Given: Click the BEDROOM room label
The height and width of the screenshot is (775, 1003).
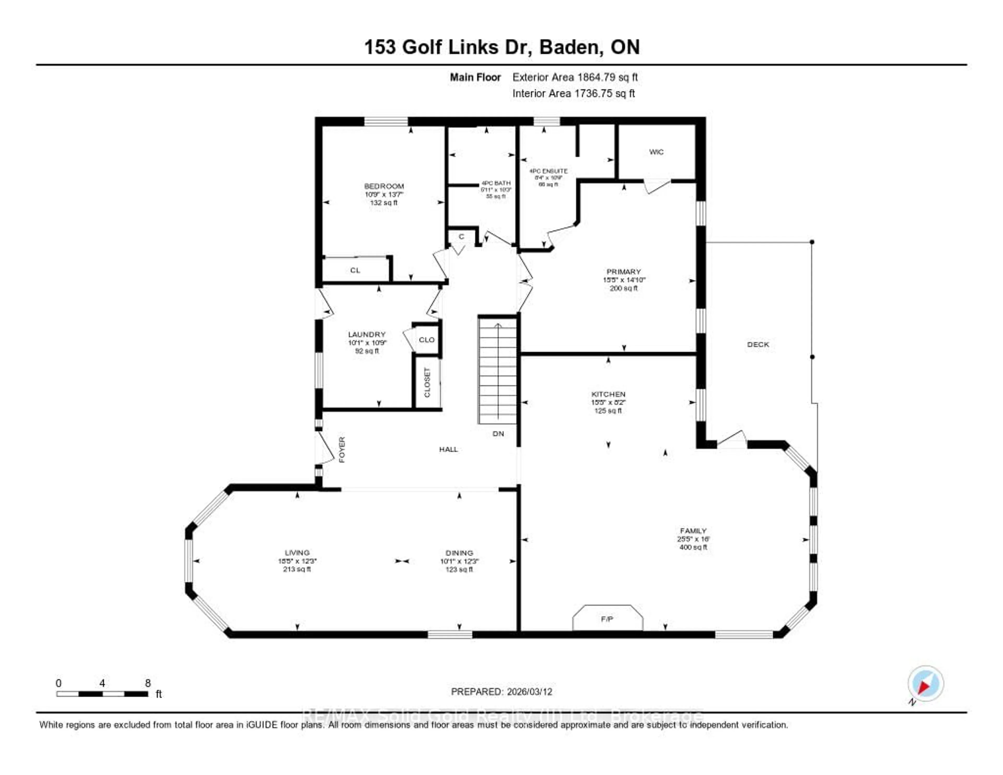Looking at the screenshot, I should [x=384, y=186].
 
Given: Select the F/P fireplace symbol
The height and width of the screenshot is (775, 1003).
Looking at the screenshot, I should [x=607, y=619].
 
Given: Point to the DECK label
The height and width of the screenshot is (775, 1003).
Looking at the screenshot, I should [x=758, y=345].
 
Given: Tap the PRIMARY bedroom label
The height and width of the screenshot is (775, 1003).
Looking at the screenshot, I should [x=623, y=271].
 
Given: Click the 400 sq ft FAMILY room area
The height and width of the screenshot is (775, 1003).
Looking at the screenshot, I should [x=693, y=547].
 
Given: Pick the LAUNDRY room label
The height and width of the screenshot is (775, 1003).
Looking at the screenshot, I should [x=366, y=334].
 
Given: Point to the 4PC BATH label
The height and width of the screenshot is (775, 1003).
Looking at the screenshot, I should [x=496, y=183].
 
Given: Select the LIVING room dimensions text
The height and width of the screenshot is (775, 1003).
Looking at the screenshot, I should [x=297, y=561].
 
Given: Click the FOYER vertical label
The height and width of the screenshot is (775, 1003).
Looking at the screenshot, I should [x=342, y=450].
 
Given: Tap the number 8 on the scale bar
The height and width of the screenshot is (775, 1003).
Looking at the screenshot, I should [x=148, y=683].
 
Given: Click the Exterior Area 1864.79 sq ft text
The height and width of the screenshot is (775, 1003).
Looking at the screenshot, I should [x=575, y=77].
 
